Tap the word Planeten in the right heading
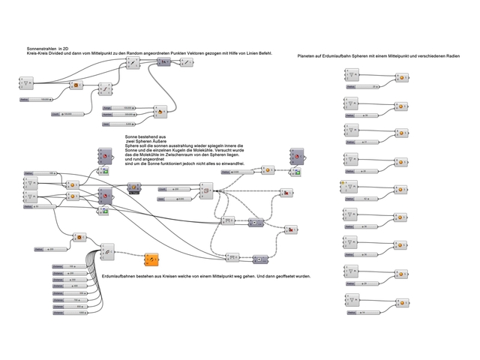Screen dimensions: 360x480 [308, 56]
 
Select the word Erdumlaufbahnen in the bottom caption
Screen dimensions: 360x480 [123, 276]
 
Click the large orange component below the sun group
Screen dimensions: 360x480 [153, 260]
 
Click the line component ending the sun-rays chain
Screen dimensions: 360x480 [186, 62]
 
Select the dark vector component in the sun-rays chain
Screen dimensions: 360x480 [161, 62]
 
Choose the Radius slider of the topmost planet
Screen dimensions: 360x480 [364, 87]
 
